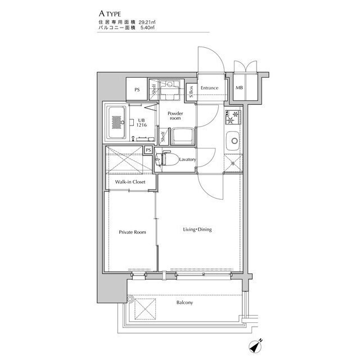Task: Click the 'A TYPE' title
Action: pos(110,13)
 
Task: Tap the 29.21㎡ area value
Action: pos(147,22)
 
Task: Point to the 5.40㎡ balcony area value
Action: pos(147,28)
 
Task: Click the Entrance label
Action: pos(209,88)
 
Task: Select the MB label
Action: pos(239,88)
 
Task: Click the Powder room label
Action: pos(175,116)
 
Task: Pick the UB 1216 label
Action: pos(141,123)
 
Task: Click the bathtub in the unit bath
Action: pos(117,123)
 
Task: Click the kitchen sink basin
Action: pos(233,141)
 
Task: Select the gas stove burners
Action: pos(232,117)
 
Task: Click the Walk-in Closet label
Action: pos(130,182)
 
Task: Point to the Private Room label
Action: pos(132,232)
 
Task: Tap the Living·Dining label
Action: pos(197,229)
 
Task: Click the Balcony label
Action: pos(184,303)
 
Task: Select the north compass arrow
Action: pos(255,346)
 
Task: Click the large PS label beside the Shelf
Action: pos(137,90)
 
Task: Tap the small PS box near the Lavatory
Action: pos(148,150)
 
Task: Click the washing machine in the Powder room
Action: pos(182,137)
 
